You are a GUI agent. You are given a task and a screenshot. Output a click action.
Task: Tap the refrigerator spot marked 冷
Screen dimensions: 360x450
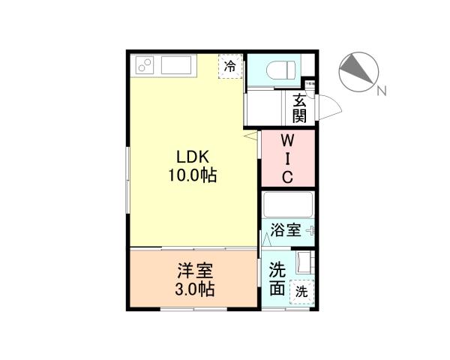[231, 66]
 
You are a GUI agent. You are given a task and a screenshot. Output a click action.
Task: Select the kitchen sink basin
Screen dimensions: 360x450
[177, 65]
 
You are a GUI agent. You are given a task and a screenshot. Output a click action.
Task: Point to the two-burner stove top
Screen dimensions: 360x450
[144, 65]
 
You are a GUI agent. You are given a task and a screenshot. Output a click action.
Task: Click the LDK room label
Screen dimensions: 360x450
[196, 157]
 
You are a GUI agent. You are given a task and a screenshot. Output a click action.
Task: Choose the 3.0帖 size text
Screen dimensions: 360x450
[196, 289]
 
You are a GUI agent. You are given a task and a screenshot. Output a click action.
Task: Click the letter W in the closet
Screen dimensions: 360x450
[287, 141]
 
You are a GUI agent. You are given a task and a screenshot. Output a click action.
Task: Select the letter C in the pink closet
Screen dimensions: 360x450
[287, 177]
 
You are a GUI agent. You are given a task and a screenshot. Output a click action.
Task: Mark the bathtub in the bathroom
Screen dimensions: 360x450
[289, 205]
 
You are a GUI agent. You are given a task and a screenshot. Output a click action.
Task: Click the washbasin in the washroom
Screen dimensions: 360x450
[304, 263]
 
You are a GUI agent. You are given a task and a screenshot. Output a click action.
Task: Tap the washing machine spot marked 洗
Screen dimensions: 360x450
[301, 290]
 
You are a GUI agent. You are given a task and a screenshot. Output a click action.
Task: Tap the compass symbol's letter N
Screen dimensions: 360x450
[382, 91]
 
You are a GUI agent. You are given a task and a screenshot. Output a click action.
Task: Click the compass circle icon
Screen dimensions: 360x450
[357, 71]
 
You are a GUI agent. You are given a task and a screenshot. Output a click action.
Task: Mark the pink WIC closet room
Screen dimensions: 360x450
[287, 159]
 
